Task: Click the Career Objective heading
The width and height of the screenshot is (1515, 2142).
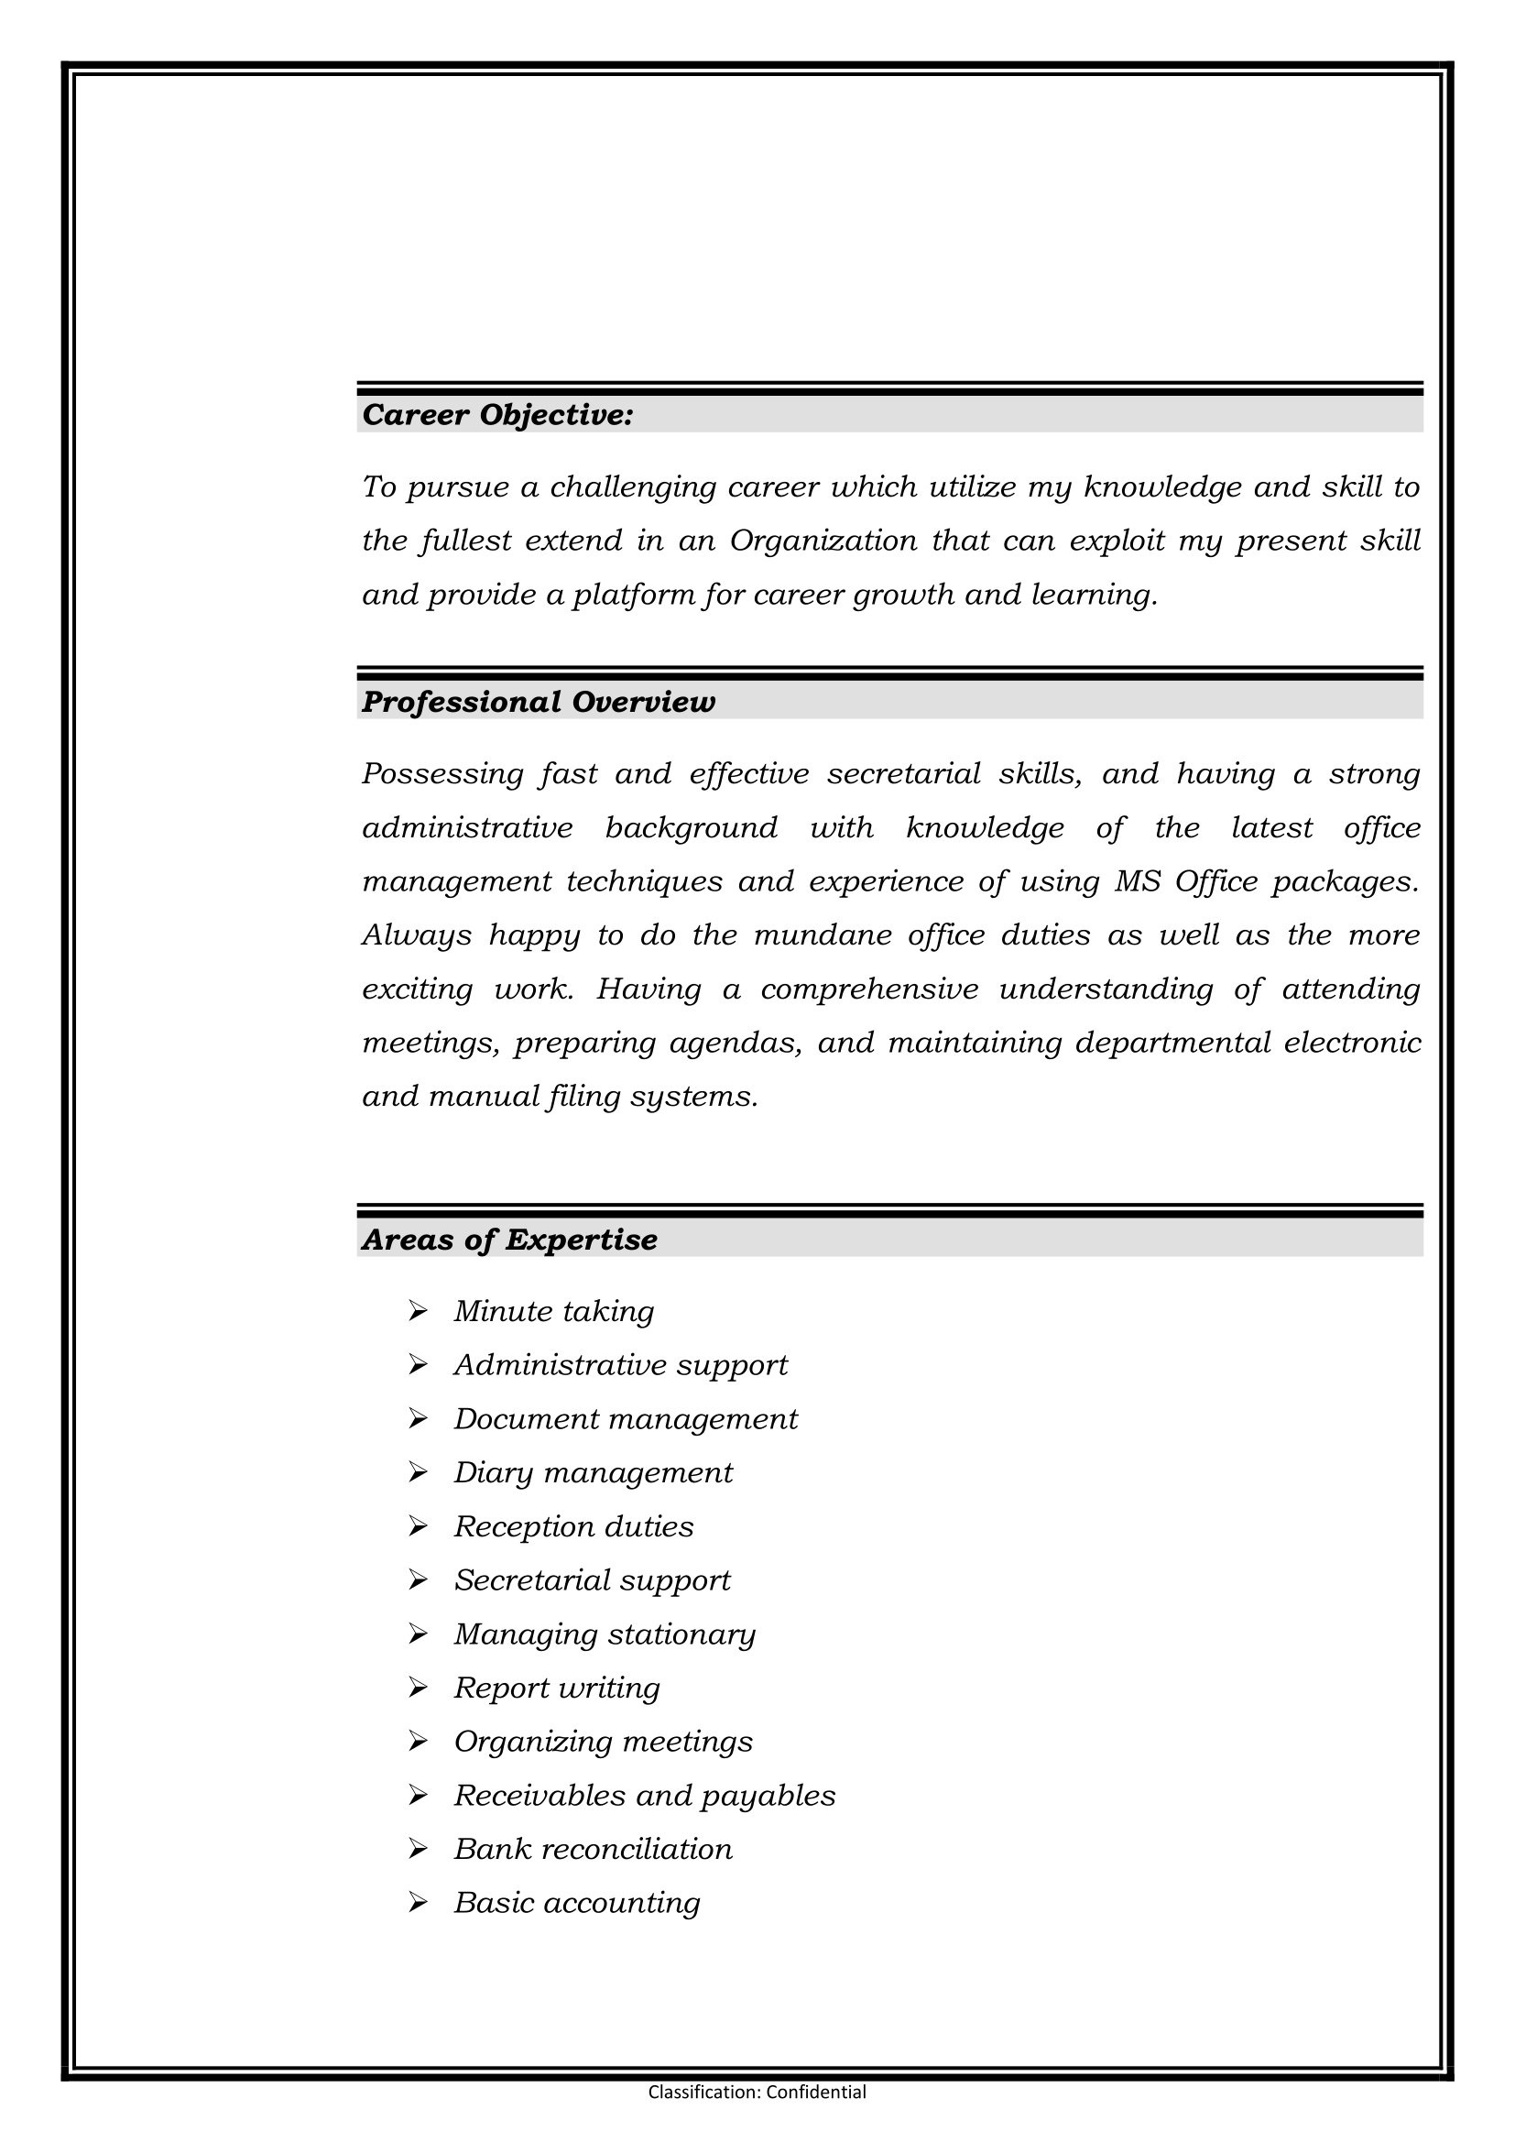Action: pyautogui.click(x=497, y=415)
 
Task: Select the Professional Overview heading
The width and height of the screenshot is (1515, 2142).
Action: pyautogui.click(x=539, y=702)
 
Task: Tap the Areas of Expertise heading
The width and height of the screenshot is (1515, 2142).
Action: pyautogui.click(x=509, y=1240)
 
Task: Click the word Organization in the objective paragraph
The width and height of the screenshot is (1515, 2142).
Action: pyautogui.click(x=823, y=541)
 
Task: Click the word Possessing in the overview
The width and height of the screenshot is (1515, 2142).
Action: pyautogui.click(x=442, y=774)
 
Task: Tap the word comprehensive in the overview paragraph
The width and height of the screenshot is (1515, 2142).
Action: pyautogui.click(x=869, y=989)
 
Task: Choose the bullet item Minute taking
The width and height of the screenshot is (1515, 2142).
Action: pyautogui.click(x=554, y=1312)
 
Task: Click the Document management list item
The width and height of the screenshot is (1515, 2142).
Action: pyautogui.click(x=626, y=1419)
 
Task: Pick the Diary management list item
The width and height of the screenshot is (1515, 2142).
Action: pyautogui.click(x=594, y=1473)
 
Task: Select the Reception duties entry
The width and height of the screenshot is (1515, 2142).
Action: pyautogui.click(x=573, y=1526)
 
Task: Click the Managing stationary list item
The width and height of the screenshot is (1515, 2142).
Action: pyautogui.click(x=605, y=1634)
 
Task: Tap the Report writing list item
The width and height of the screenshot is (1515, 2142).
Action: pyautogui.click(x=557, y=1688)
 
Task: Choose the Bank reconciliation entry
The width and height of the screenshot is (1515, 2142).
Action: pyautogui.click(x=594, y=1849)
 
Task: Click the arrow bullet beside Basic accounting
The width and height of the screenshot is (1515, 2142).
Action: pyautogui.click(x=418, y=1902)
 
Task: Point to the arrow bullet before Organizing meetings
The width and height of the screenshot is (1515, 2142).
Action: pyautogui.click(x=418, y=1741)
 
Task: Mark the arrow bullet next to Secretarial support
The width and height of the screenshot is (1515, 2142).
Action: pyautogui.click(x=418, y=1579)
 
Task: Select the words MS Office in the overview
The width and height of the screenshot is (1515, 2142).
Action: pyautogui.click(x=1185, y=881)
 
